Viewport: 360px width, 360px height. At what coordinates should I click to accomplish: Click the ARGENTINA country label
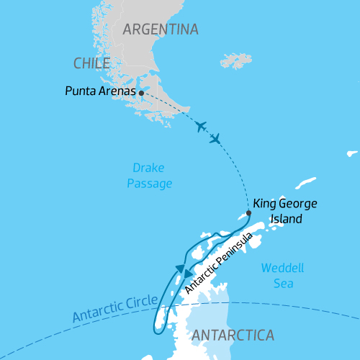click(x=160, y=30)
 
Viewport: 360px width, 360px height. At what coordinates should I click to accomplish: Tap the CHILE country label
click(x=91, y=64)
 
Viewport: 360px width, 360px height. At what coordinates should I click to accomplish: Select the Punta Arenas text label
click(x=100, y=92)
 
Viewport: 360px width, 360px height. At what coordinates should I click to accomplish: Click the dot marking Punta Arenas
click(x=141, y=93)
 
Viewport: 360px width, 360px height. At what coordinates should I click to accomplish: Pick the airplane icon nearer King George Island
click(x=215, y=139)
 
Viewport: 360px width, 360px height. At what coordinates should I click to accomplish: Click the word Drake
click(x=150, y=168)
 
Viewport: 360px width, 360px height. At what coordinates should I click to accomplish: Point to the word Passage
click(x=150, y=184)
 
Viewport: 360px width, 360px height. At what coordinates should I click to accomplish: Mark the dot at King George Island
click(x=248, y=213)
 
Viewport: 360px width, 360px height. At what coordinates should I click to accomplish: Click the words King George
click(x=284, y=204)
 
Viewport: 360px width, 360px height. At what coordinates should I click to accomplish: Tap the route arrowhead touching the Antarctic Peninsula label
click(x=189, y=274)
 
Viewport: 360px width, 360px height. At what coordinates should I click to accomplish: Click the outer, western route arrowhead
click(x=177, y=269)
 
